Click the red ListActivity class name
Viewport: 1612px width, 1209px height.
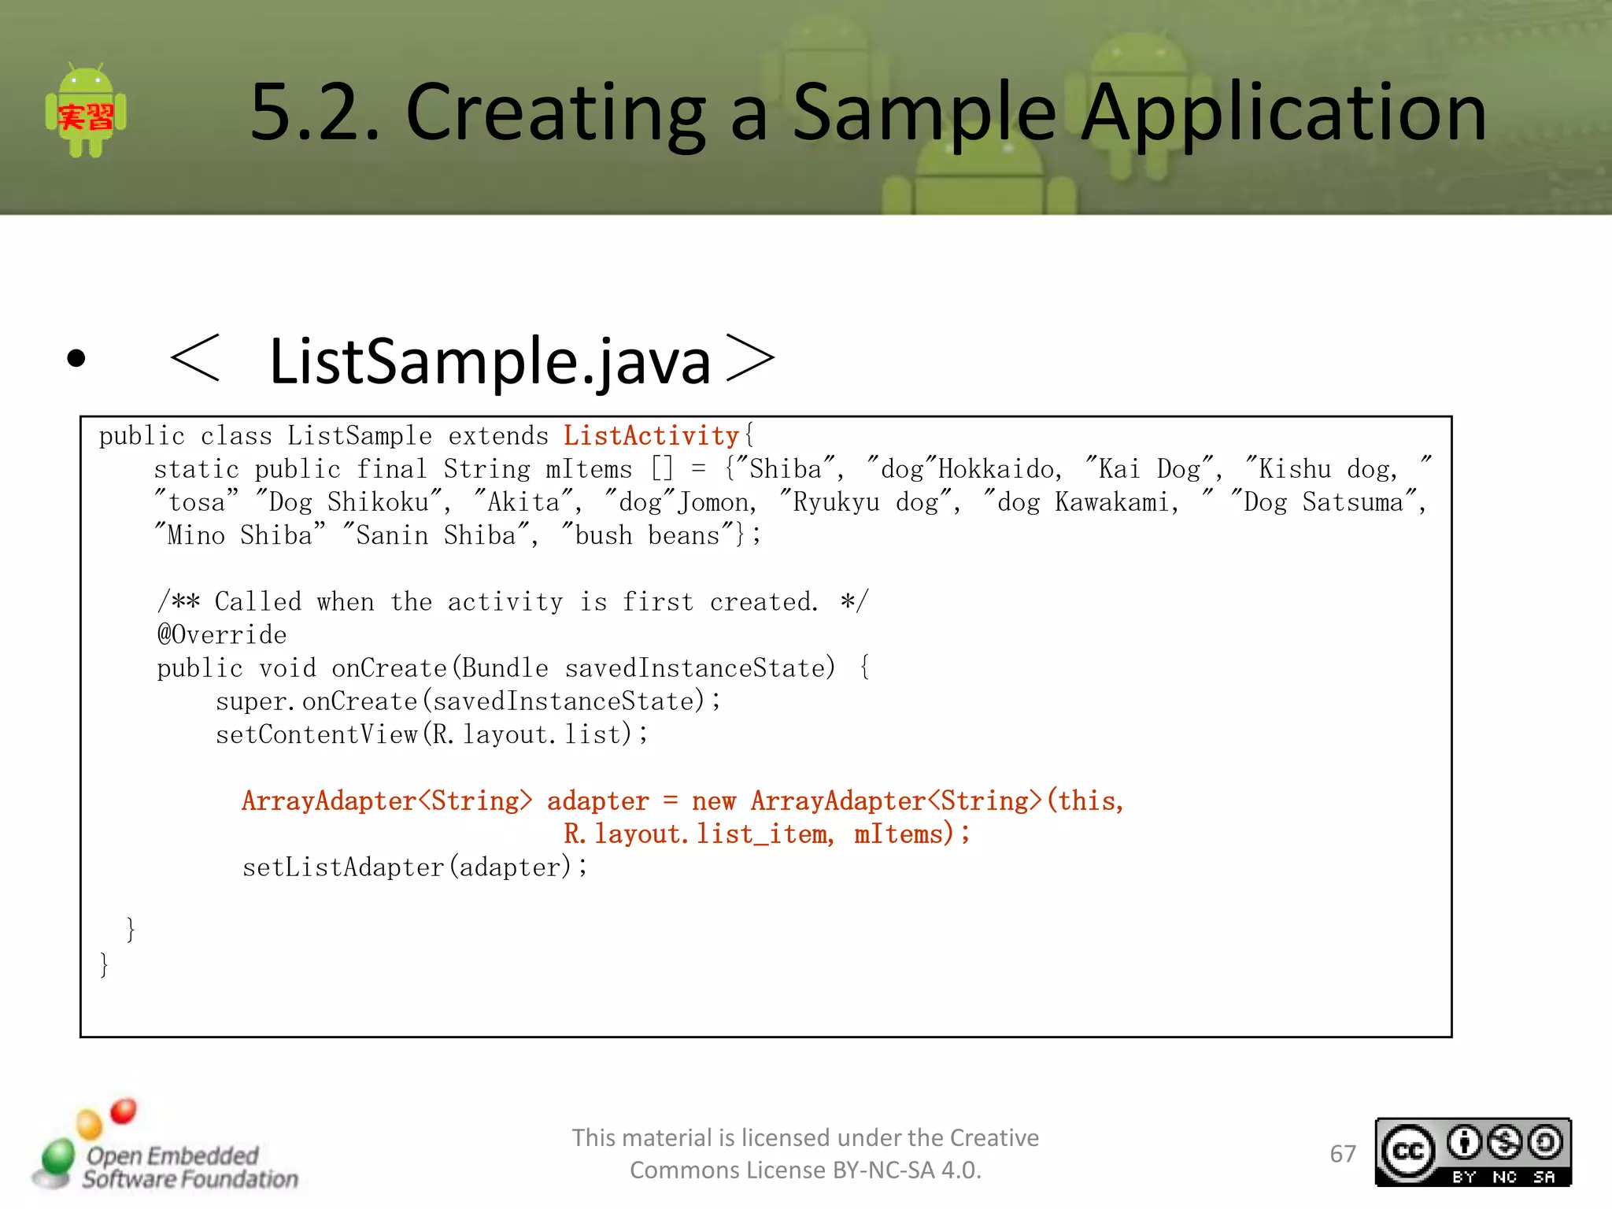(651, 435)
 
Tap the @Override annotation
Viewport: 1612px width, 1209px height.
(222, 634)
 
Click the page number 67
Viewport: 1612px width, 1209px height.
(1343, 1154)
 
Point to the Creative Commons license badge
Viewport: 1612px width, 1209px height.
(1473, 1152)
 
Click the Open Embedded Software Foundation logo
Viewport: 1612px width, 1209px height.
(165, 1149)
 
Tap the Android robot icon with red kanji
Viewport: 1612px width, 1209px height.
(86, 111)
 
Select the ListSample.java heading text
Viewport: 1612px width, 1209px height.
(490, 360)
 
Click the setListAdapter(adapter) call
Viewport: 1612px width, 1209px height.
(415, 867)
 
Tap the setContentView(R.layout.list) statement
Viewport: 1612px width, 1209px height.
(431, 734)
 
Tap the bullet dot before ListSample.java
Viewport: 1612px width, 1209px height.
(76, 359)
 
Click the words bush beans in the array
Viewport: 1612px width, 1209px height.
(647, 535)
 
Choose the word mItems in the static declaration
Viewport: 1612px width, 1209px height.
(589, 469)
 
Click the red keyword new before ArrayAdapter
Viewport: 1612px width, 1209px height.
(713, 800)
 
